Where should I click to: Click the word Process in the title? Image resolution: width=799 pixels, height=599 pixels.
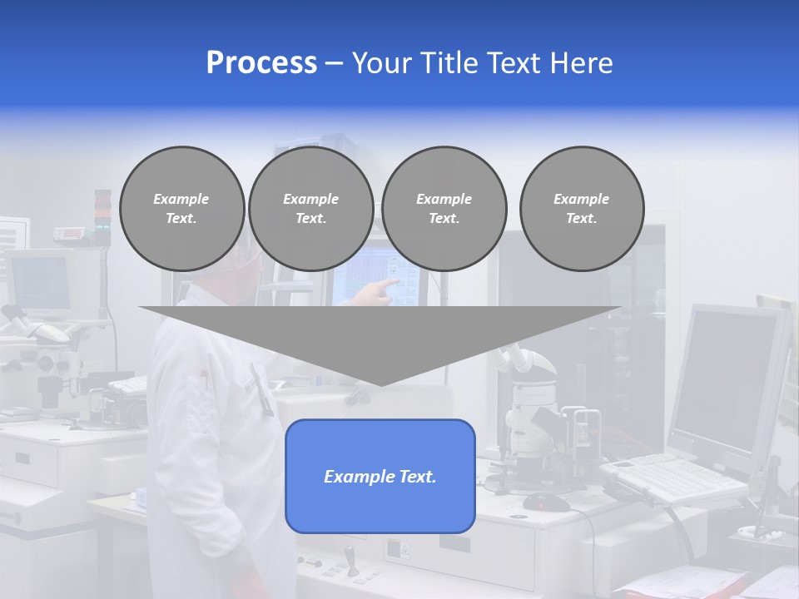click(x=261, y=63)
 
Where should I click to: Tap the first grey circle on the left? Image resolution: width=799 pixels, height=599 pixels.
click(x=181, y=209)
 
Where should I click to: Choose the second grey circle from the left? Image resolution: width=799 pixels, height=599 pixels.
click(x=310, y=209)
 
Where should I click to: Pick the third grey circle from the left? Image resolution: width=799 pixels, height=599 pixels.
click(x=444, y=209)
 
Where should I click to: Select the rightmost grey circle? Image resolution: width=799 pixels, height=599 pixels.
click(x=581, y=209)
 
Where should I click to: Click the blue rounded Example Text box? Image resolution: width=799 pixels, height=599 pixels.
click(x=380, y=476)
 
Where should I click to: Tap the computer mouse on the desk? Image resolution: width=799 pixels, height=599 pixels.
click(x=546, y=501)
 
